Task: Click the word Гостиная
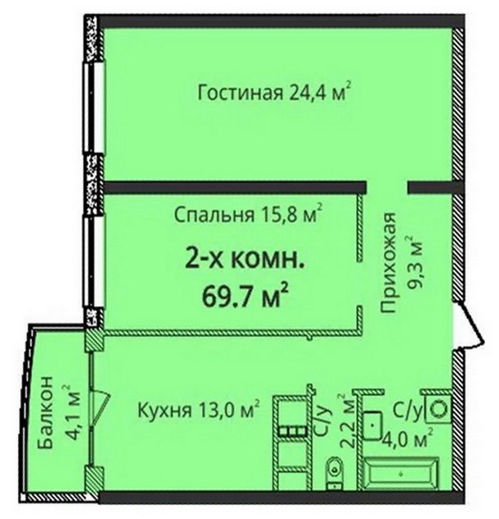[x=240, y=93]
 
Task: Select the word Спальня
[x=214, y=215]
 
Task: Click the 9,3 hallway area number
[x=415, y=273]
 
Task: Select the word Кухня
[x=164, y=411]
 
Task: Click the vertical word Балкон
[x=45, y=412]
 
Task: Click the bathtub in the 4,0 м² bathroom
[x=402, y=474]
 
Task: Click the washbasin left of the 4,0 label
[x=374, y=426]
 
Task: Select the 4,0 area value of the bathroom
[x=399, y=442]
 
